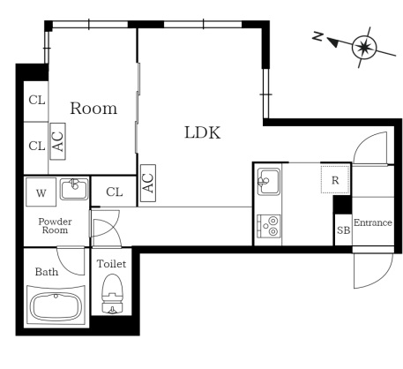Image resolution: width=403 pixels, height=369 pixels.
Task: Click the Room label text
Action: (93, 109)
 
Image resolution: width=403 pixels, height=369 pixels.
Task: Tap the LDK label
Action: (203, 132)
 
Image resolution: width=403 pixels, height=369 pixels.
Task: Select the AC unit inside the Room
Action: (57, 141)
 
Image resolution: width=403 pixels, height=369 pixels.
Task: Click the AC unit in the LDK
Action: (148, 183)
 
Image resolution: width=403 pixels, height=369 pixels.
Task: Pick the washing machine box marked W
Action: (41, 192)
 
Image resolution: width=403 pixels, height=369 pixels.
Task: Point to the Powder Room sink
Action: (74, 189)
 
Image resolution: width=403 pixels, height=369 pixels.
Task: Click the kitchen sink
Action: (268, 182)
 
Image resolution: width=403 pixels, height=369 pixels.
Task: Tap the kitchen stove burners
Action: (269, 226)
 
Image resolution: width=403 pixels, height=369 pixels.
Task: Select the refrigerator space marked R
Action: (335, 180)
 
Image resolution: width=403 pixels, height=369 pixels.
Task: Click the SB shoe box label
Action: (343, 230)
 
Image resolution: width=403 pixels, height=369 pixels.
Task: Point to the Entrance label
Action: (373, 222)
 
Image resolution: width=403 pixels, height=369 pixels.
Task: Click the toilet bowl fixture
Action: (112, 294)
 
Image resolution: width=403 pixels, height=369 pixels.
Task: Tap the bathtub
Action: (56, 305)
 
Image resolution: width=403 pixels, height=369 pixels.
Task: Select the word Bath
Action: (47, 272)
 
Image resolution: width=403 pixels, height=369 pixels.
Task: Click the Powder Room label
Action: (55, 226)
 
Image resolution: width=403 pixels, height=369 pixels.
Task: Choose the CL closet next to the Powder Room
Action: (114, 192)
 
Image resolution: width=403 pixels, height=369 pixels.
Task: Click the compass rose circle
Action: (364, 47)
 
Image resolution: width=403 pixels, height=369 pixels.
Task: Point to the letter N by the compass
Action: (317, 36)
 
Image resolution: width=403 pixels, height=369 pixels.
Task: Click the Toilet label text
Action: (112, 264)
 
